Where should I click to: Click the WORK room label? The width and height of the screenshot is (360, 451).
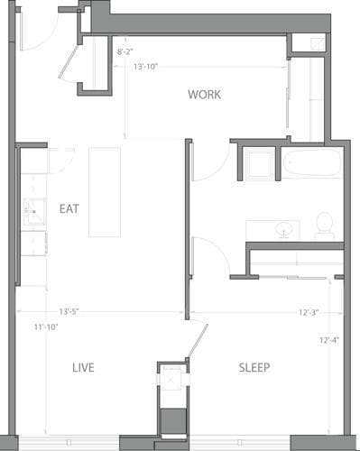coord(204,95)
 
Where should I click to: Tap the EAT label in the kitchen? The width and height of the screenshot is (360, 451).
coord(69,208)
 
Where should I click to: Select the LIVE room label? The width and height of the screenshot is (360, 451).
coord(83,368)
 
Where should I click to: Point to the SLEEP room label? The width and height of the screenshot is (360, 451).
coord(254,368)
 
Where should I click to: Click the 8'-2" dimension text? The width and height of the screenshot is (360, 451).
coord(127,52)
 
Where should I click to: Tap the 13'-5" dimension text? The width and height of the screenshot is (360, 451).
coord(69,312)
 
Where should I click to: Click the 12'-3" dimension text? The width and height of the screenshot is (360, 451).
coord(309,312)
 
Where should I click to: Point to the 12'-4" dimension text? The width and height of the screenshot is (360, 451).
coord(330,340)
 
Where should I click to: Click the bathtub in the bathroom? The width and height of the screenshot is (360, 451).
coord(311,163)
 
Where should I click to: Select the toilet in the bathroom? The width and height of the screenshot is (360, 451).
coord(325,225)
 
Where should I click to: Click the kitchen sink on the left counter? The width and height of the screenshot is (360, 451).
coord(32,213)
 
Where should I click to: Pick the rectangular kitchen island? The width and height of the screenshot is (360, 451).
coord(104,191)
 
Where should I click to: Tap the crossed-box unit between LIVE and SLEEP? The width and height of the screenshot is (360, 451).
coord(171,381)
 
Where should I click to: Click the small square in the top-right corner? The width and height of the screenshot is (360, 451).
coord(317,43)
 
